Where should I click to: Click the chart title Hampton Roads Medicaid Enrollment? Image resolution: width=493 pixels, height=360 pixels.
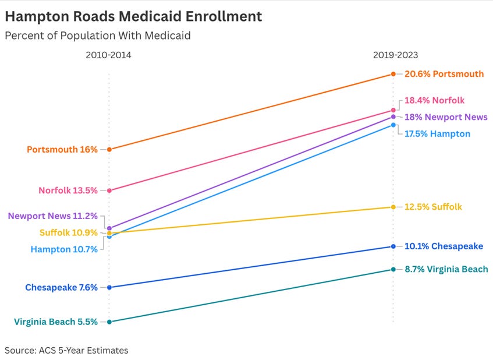(133, 16)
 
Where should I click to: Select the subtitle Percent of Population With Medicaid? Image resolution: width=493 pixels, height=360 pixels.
(98, 36)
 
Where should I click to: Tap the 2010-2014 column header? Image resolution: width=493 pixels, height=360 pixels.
(109, 55)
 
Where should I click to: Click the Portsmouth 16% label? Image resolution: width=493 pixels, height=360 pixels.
(62, 149)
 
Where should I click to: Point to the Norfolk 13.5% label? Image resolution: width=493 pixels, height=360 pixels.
(68, 190)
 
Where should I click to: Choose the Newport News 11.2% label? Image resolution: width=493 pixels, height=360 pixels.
(53, 216)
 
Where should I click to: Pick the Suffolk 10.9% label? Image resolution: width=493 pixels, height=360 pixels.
(69, 232)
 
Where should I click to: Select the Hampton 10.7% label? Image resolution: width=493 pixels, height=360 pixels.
(64, 249)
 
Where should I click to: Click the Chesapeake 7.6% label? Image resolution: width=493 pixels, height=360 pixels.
(61, 287)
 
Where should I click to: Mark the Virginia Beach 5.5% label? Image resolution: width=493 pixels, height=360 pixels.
(56, 322)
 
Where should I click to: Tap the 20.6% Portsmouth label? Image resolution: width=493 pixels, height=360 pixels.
(444, 74)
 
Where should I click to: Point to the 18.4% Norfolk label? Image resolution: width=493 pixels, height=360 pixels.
(434, 100)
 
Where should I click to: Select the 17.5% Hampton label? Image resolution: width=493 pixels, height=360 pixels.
(437, 133)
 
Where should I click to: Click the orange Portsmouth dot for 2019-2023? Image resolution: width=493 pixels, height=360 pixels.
(393, 74)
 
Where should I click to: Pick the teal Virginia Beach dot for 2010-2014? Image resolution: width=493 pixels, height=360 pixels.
(109, 322)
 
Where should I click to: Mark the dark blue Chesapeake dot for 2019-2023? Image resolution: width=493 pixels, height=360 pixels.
(393, 246)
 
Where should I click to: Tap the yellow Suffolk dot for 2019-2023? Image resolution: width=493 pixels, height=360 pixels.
(393, 207)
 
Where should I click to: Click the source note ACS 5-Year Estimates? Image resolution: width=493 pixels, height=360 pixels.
(66, 350)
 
